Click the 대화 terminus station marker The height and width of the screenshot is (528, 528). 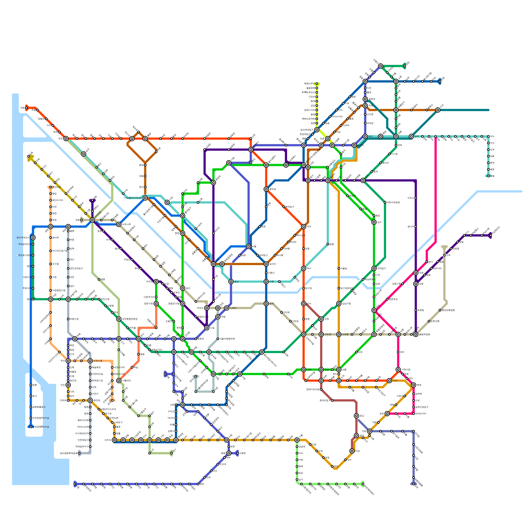tap(26, 108)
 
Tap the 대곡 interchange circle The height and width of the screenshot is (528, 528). tap(66, 139)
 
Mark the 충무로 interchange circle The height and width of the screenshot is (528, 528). tap(266, 189)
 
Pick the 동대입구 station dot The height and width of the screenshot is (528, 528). tap(284, 207)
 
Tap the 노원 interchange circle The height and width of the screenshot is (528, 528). tap(396, 82)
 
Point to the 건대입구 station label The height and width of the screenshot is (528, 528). tap(381, 269)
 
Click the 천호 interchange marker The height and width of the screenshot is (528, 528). tap(416, 273)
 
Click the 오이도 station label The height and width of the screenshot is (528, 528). tap(108, 440)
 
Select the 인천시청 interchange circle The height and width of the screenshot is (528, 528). tap(90, 361)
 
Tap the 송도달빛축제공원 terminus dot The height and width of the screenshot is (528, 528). tap(79, 453)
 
